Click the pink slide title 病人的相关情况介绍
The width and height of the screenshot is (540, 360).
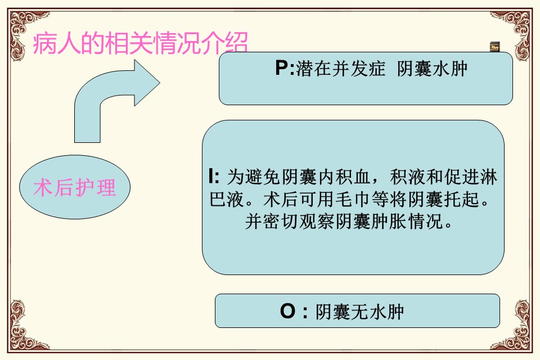140,43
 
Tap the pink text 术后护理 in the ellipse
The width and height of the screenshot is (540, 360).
74,188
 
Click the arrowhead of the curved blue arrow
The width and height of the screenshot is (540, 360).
146,83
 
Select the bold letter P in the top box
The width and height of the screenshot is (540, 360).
282,68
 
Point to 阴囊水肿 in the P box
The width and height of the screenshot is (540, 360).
432,68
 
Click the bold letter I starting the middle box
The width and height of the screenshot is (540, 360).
211,176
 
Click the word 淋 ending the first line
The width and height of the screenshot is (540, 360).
488,177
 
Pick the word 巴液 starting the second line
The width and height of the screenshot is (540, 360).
227,199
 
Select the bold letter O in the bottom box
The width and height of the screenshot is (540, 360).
287,311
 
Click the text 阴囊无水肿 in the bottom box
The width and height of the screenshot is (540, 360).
359,312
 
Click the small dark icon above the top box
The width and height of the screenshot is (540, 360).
494,47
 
